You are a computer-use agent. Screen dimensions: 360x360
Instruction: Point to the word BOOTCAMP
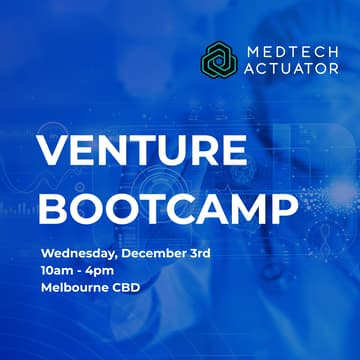pos(167,208)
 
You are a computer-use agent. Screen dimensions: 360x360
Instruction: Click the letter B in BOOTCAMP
pos(53,208)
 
